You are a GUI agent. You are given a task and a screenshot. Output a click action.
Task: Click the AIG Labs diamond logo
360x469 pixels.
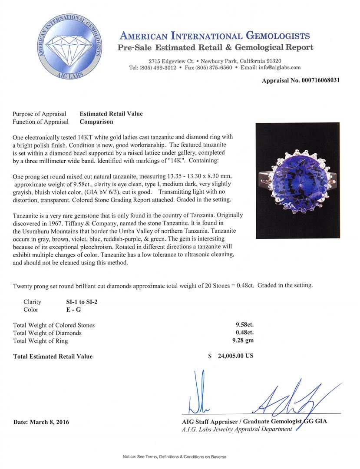pyautogui.click(x=70, y=48)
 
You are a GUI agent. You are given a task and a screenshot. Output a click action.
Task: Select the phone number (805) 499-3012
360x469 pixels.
pyautogui.click(x=160, y=67)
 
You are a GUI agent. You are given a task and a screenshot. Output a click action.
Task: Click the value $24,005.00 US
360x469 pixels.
pyautogui.click(x=231, y=356)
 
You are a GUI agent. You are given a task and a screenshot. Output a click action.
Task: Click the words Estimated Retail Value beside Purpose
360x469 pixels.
pyautogui.click(x=111, y=114)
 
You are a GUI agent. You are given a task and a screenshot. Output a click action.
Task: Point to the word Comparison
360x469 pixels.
pyautogui.click(x=96, y=122)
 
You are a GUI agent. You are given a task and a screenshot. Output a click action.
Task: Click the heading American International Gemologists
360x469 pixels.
pyautogui.click(x=215, y=36)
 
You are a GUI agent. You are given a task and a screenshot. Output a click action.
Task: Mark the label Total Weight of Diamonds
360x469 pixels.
pyautogui.click(x=47, y=333)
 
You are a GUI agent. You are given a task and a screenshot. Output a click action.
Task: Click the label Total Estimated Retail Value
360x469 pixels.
pyautogui.click(x=53, y=357)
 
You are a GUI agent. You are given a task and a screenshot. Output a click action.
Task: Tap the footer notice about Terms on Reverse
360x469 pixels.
pyautogui.click(x=180, y=457)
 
